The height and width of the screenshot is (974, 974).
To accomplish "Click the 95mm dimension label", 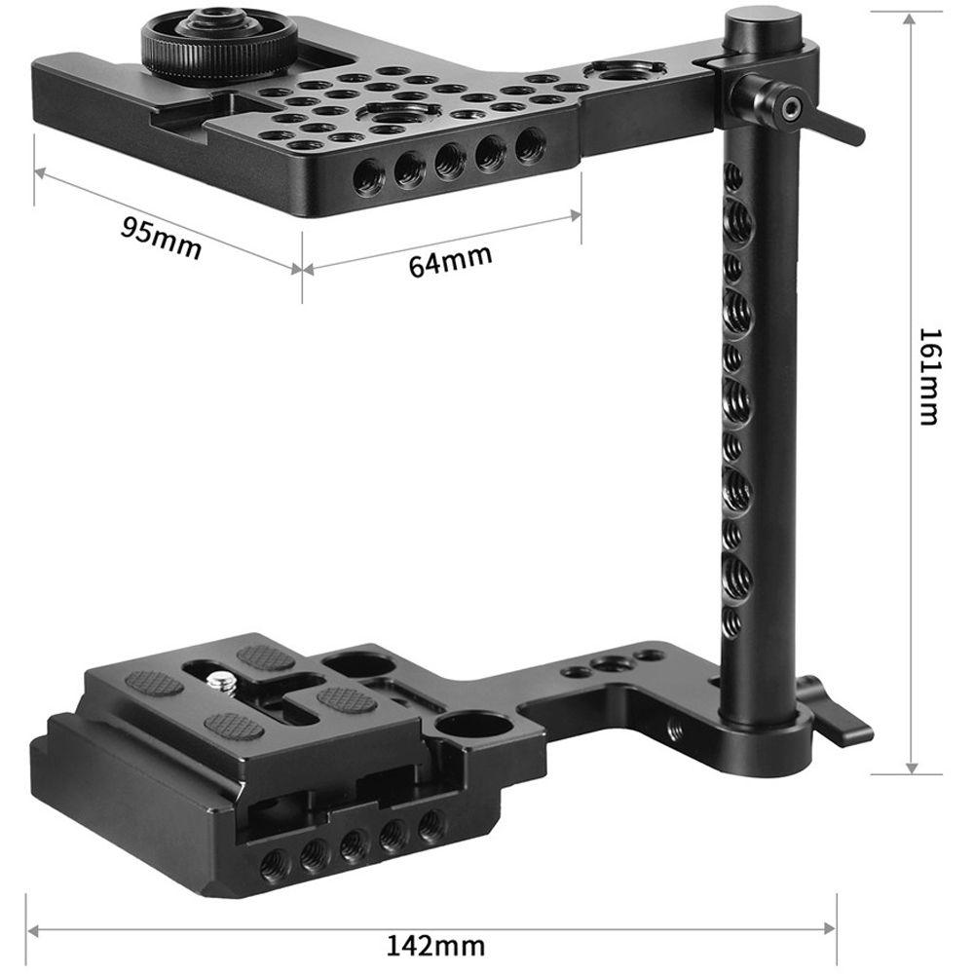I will [161, 239].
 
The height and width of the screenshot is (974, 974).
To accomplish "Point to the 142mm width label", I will [436, 944].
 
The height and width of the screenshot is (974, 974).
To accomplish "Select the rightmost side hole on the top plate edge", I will [530, 146].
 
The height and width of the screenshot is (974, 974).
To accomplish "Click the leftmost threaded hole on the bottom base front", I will [275, 861].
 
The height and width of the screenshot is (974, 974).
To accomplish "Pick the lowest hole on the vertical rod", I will [730, 619].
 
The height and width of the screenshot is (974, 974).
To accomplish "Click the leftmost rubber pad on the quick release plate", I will [154, 682].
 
